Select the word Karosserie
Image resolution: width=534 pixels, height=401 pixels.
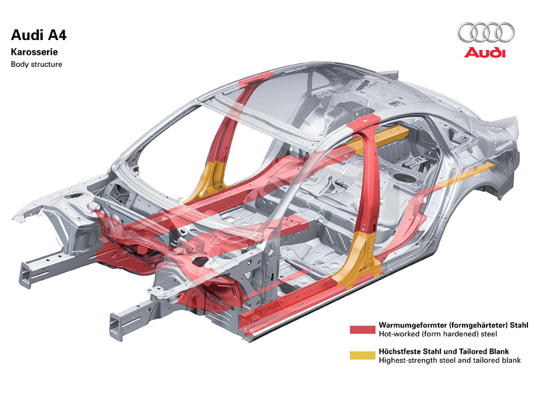pos(33,51)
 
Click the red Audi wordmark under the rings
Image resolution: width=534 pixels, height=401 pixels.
pos(485,52)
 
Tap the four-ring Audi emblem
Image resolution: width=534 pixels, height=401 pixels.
pos(485,32)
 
